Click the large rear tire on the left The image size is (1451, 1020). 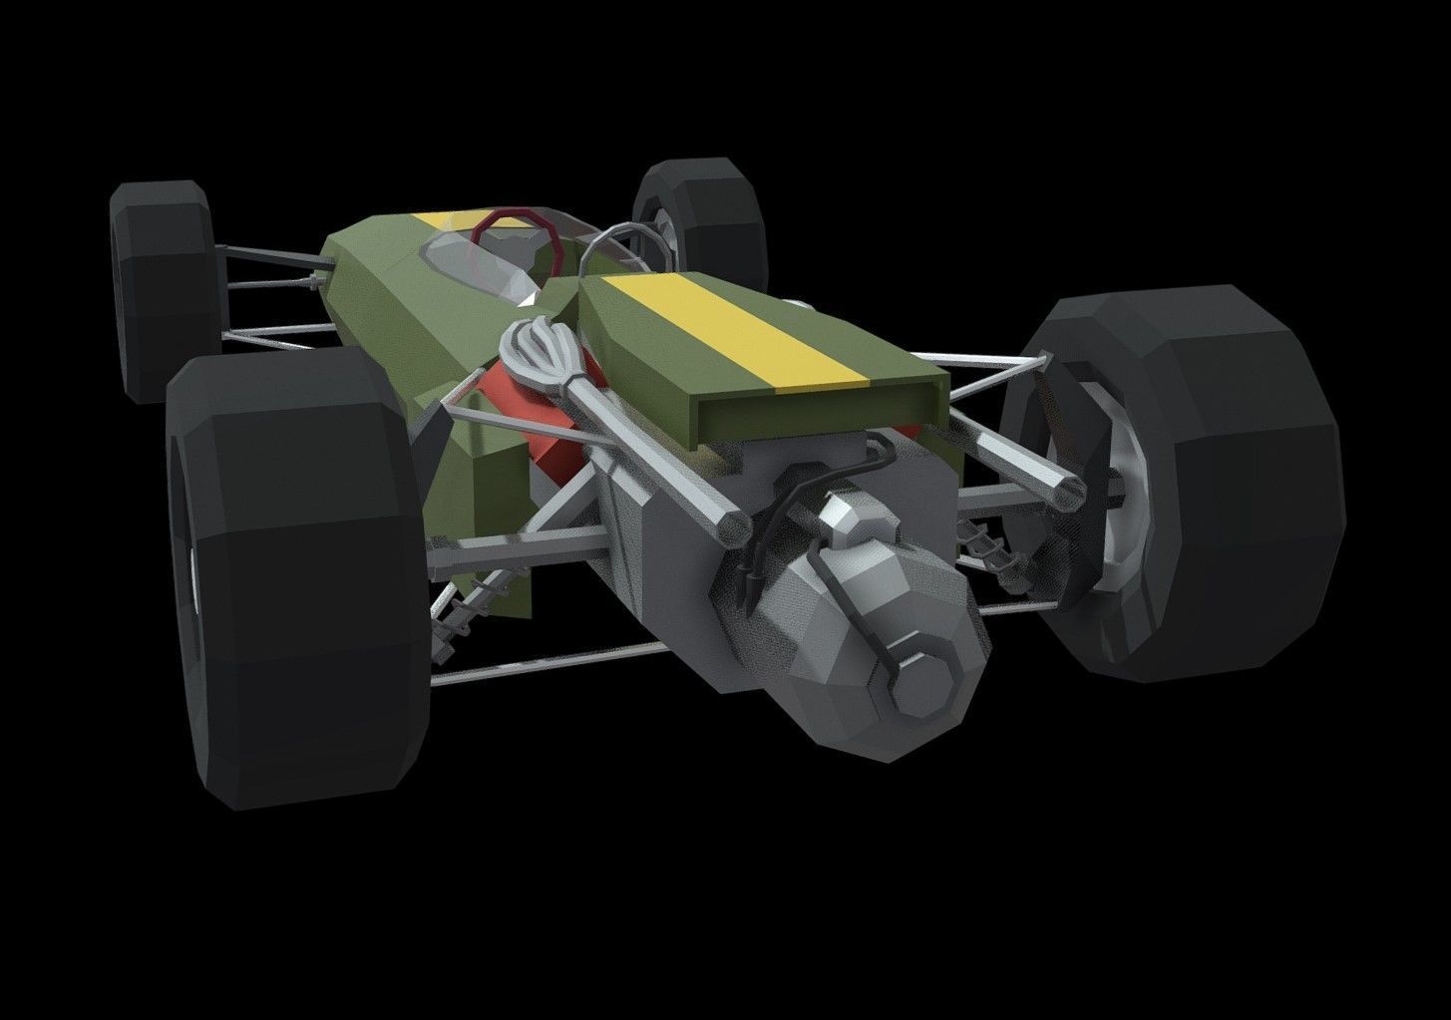(x=299, y=588)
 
